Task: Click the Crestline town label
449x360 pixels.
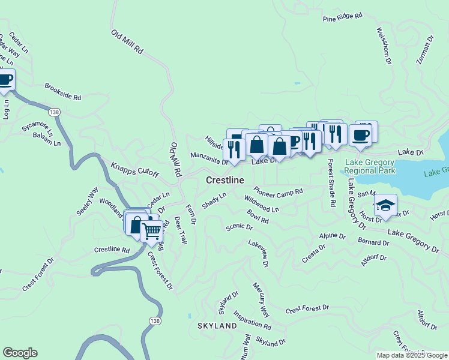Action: (225, 180)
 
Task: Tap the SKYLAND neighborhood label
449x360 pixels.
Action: (217, 326)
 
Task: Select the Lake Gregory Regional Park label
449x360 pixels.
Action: (370, 167)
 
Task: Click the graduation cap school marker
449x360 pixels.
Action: (385, 205)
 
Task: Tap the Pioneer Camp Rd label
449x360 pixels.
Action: (278, 191)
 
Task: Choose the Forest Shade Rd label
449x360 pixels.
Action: (331, 184)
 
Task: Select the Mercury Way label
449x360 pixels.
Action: (261, 299)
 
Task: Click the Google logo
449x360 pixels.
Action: (20, 353)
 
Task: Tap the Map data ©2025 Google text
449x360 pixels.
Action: (412, 355)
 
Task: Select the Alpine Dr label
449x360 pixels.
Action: (333, 236)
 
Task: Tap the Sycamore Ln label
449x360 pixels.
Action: (37, 128)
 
